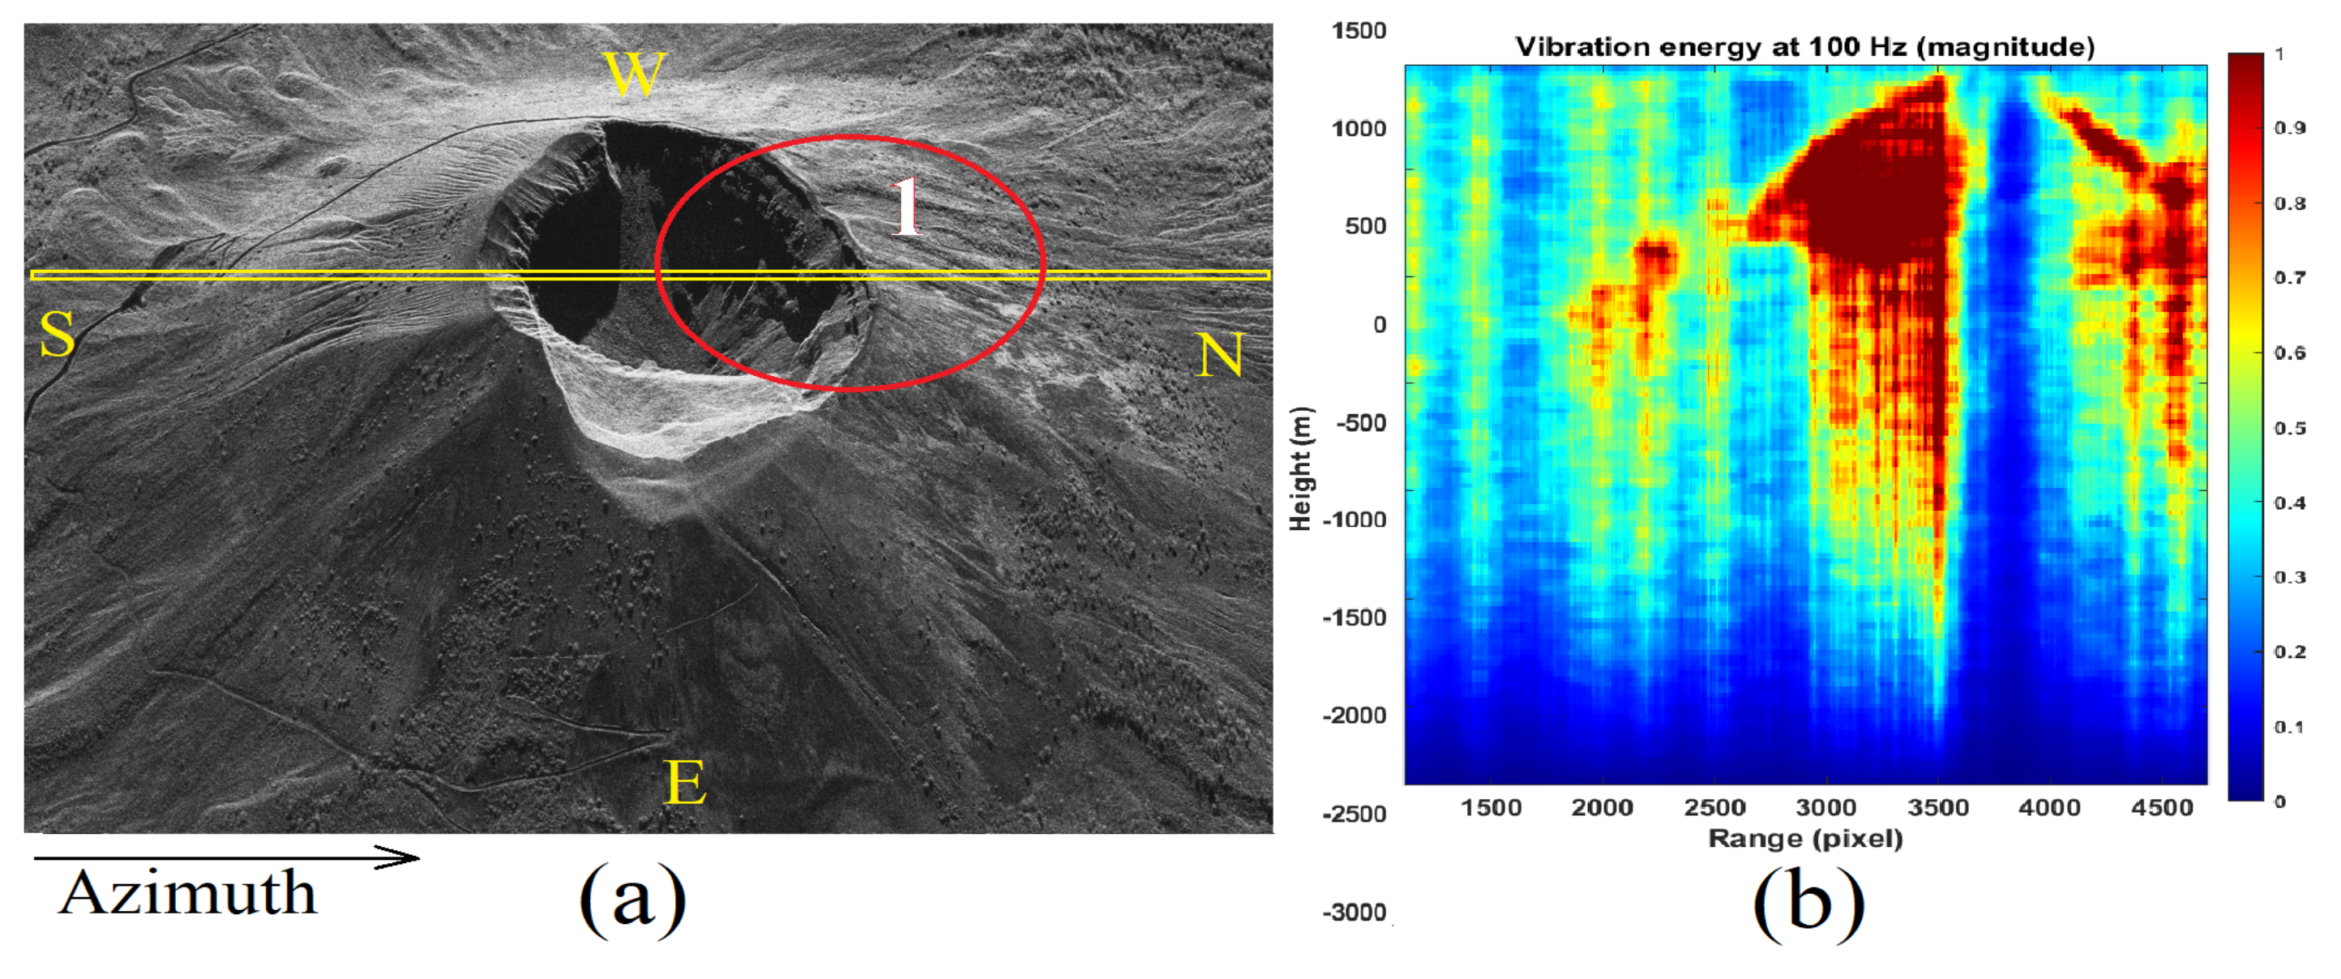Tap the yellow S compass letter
coord(57,334)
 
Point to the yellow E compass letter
coord(685,782)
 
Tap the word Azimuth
coord(188,894)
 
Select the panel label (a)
coord(631,897)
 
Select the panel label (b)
coord(1808,902)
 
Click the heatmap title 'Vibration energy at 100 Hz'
coord(1805,46)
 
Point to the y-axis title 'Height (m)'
coord(1301,468)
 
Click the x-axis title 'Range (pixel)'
coord(1805,838)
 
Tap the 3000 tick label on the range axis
coord(1825,808)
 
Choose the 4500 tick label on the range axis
coord(2162,808)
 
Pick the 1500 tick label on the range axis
coord(1491,808)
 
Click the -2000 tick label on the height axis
coord(1354,716)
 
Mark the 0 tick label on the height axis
coord(1379,324)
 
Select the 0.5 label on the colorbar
coord(2289,428)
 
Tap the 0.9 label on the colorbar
coord(2289,128)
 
